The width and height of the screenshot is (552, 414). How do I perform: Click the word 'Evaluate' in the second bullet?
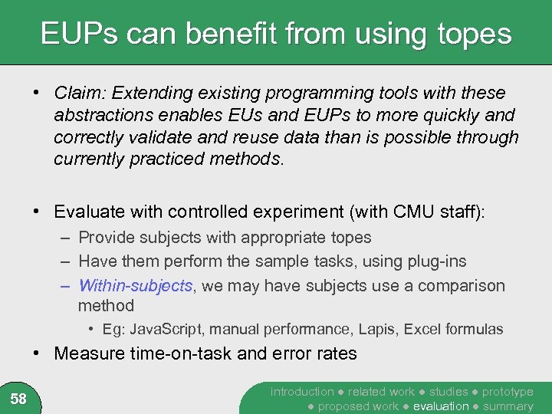click(90, 212)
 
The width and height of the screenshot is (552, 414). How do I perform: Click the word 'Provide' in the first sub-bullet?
click(106, 238)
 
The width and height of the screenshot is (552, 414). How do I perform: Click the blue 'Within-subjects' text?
click(135, 286)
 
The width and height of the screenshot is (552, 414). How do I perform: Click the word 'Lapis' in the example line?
click(369, 330)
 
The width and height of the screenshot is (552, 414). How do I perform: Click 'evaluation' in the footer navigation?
click(441, 406)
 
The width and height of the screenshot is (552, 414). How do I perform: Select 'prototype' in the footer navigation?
click(508, 392)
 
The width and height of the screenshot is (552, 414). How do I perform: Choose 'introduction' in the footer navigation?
click(302, 392)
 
